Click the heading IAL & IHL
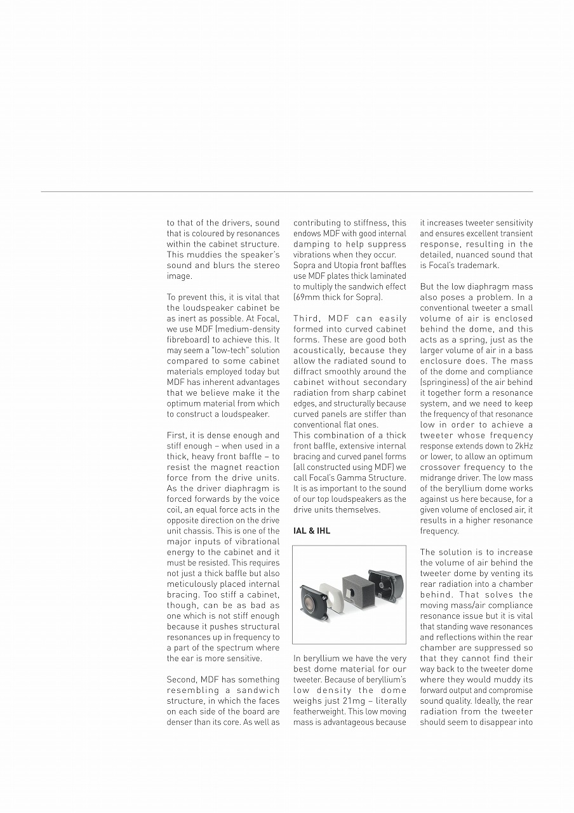coord(312,531)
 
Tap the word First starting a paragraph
coord(177,436)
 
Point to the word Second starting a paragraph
coord(182,680)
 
